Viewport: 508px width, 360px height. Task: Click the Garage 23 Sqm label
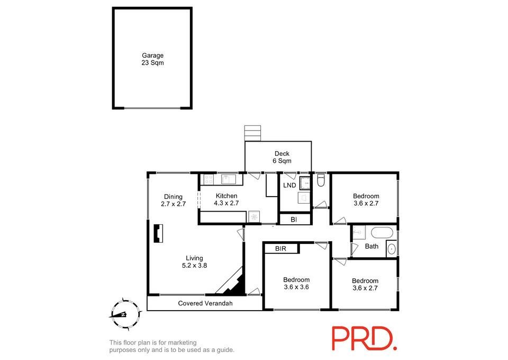152,59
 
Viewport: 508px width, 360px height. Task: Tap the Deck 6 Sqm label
282,157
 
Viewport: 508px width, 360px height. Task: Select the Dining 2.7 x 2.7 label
174,200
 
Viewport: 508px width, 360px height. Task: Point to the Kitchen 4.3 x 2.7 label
226,199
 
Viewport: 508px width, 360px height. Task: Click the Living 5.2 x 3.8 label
194,261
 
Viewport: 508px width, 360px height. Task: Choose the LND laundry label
289,186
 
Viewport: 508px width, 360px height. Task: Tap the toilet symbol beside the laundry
321,180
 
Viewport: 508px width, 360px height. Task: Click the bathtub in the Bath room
382,233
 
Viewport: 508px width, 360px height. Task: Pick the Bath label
371,247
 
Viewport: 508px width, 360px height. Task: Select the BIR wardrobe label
280,249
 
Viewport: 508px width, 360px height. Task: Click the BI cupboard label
294,219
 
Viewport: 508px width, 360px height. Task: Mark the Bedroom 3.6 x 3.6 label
296,284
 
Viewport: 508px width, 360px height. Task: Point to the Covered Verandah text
205,303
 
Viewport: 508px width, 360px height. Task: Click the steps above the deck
253,133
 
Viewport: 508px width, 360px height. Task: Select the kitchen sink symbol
229,179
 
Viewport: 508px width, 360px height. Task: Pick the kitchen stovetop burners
209,180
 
